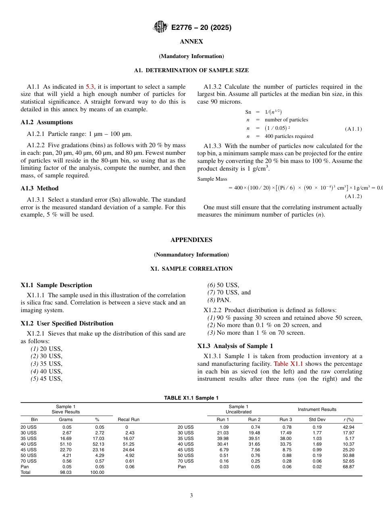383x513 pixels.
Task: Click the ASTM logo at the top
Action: click(x=160, y=27)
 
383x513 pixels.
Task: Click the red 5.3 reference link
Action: click(x=90, y=87)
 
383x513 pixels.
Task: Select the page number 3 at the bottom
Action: click(x=191, y=496)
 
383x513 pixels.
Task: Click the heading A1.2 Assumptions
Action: click(x=47, y=122)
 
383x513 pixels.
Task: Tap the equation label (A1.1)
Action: click(x=353, y=129)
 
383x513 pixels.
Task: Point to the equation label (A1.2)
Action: click(x=353, y=196)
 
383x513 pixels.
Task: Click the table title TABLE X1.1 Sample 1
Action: click(x=191, y=398)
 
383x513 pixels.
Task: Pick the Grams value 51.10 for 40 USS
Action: click(x=66, y=444)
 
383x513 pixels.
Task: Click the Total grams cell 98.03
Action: click(x=66, y=472)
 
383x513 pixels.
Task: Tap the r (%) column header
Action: click(x=348, y=419)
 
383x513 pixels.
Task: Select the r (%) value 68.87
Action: click(x=348, y=467)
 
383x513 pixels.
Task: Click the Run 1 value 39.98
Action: click(x=223, y=438)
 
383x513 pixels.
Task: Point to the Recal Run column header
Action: click(x=128, y=419)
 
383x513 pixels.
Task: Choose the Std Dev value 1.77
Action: click(x=318, y=433)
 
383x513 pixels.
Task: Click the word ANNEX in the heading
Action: click(x=191, y=42)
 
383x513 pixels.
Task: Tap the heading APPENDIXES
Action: click(x=191, y=240)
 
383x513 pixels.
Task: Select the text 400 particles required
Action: click(x=289, y=136)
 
